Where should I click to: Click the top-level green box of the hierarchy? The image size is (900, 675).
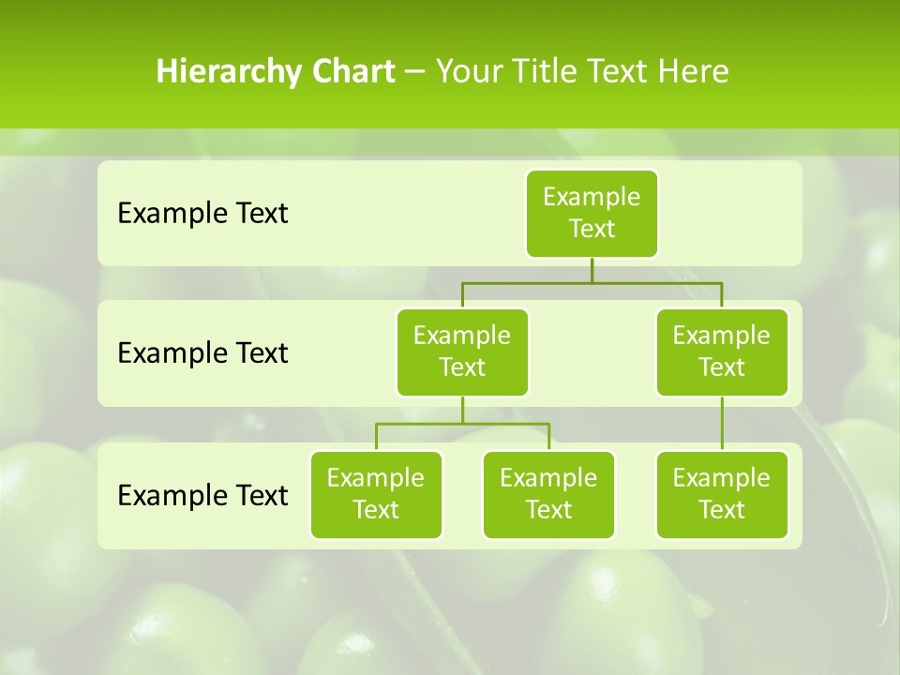click(592, 213)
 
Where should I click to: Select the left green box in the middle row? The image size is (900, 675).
click(462, 352)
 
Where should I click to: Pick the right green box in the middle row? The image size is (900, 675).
click(722, 352)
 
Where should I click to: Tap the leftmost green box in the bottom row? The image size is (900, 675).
click(376, 494)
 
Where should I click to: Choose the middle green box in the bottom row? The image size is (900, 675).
click(548, 494)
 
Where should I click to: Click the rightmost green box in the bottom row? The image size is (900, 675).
click(722, 494)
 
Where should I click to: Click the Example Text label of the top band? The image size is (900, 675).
click(202, 214)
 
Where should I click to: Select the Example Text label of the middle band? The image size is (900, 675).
click(202, 353)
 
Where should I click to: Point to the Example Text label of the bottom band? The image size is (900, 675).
click(202, 495)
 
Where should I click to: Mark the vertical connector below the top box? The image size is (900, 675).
click(592, 270)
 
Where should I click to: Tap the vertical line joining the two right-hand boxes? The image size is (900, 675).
click(722, 424)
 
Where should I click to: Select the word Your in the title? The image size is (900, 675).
click(468, 71)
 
